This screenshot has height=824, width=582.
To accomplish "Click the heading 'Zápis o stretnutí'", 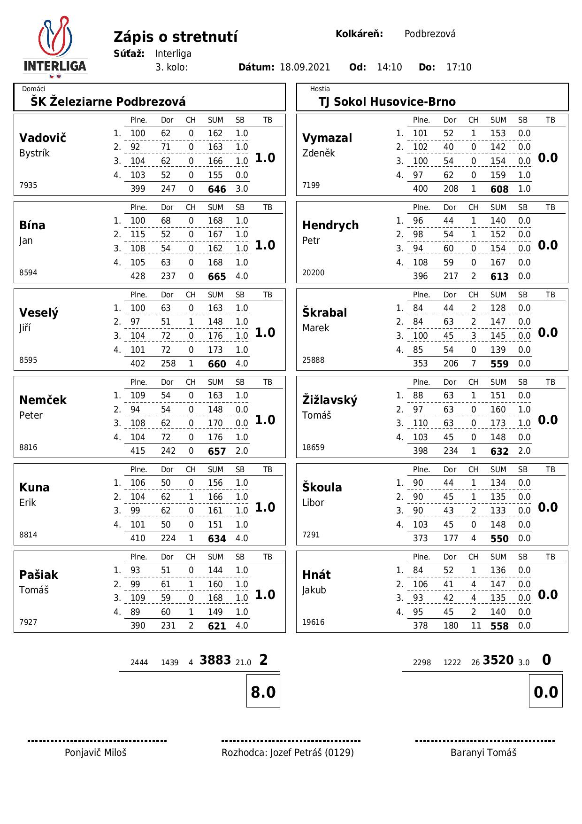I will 176,37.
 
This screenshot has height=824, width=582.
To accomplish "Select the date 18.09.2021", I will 305,67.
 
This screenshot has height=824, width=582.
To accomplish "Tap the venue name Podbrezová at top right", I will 430,34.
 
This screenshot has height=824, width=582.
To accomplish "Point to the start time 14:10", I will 389,67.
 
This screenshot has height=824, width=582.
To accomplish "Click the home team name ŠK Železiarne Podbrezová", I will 108,101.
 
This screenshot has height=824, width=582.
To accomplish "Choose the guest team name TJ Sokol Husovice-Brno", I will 387,101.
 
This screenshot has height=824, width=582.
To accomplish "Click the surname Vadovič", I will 43,138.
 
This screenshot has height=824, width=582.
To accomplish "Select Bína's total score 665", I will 217,277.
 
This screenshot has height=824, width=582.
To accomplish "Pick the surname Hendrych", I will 330,225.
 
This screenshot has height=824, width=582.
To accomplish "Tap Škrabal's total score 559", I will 499,364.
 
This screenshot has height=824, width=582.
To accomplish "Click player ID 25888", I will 313,360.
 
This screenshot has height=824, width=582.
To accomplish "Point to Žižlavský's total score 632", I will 499,451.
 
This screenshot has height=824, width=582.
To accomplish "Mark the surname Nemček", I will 43,400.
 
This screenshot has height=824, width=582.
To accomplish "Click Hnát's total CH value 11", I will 476,626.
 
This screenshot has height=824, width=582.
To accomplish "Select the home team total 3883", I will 215,660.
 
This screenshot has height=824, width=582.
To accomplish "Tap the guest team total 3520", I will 498,660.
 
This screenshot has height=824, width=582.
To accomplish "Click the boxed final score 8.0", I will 263,692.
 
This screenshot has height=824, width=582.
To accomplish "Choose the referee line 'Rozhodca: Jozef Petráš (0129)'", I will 288,753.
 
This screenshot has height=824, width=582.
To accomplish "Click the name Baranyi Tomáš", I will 483,753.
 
